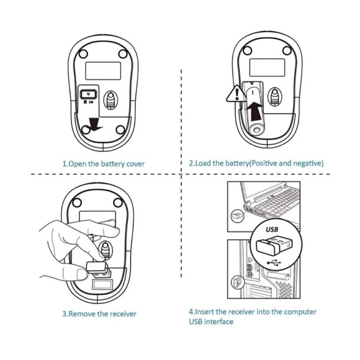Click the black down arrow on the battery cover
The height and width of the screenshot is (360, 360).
[94, 124]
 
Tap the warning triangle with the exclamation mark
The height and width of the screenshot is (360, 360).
[236, 94]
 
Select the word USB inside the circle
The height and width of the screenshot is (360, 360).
[272, 230]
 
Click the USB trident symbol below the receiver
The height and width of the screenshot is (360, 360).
[274, 263]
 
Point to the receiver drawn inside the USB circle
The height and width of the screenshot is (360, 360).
[274, 247]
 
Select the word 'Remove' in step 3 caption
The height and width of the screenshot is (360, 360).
[82, 313]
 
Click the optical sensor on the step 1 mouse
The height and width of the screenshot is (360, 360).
[110, 100]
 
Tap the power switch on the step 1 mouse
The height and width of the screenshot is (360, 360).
[88, 94]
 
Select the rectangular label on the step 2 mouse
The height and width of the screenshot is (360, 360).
[268, 67]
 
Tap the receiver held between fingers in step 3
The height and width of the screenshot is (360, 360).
[98, 269]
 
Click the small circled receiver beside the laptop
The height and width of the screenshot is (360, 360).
[237, 216]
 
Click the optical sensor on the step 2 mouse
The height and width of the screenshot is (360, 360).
[274, 96]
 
